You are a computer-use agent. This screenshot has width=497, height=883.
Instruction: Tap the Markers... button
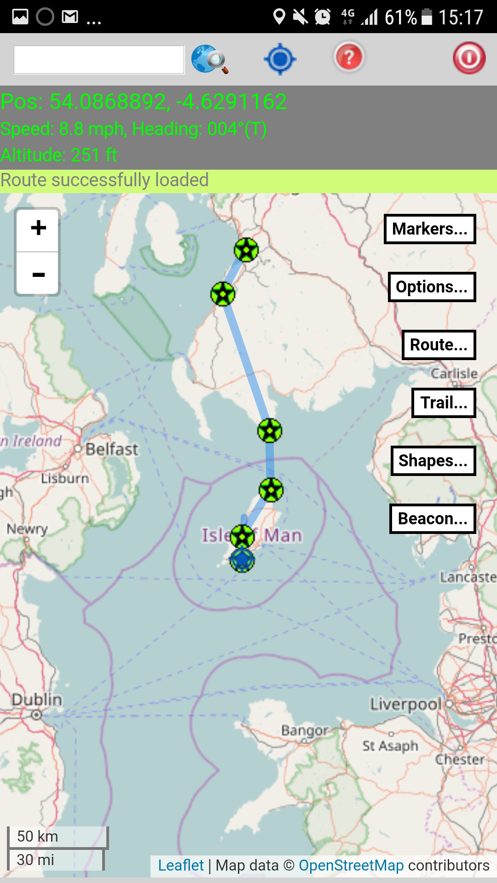tap(430, 229)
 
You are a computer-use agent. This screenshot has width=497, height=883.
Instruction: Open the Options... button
tap(432, 287)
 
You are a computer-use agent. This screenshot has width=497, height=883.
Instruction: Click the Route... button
tap(439, 345)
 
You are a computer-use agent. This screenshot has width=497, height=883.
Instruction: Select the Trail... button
tap(444, 403)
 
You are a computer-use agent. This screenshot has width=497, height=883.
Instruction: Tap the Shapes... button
tap(433, 461)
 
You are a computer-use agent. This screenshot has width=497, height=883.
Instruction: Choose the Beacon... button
tap(433, 519)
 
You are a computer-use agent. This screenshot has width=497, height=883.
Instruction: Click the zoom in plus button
tap(38, 229)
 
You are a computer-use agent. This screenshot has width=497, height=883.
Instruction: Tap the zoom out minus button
tap(38, 275)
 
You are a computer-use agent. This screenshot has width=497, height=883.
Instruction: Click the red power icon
tap(469, 58)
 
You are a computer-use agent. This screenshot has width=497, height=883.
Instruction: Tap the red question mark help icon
tap(349, 57)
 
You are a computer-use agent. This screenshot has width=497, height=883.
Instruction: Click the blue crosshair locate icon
tap(280, 59)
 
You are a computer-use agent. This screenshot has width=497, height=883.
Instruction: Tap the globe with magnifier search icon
tap(209, 59)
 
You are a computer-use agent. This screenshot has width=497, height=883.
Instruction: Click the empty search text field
tap(99, 60)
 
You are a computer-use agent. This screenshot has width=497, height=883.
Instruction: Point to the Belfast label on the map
tap(112, 449)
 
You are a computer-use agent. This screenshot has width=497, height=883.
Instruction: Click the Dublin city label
tap(37, 700)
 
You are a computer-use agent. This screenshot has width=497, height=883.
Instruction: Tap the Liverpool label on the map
tap(406, 704)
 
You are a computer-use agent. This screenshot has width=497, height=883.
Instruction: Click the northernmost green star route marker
tap(246, 250)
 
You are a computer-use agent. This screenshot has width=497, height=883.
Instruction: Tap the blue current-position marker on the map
tap(242, 561)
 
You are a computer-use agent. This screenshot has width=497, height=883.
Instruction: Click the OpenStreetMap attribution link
tap(351, 866)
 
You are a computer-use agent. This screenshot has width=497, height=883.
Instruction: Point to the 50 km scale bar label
tap(38, 836)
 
